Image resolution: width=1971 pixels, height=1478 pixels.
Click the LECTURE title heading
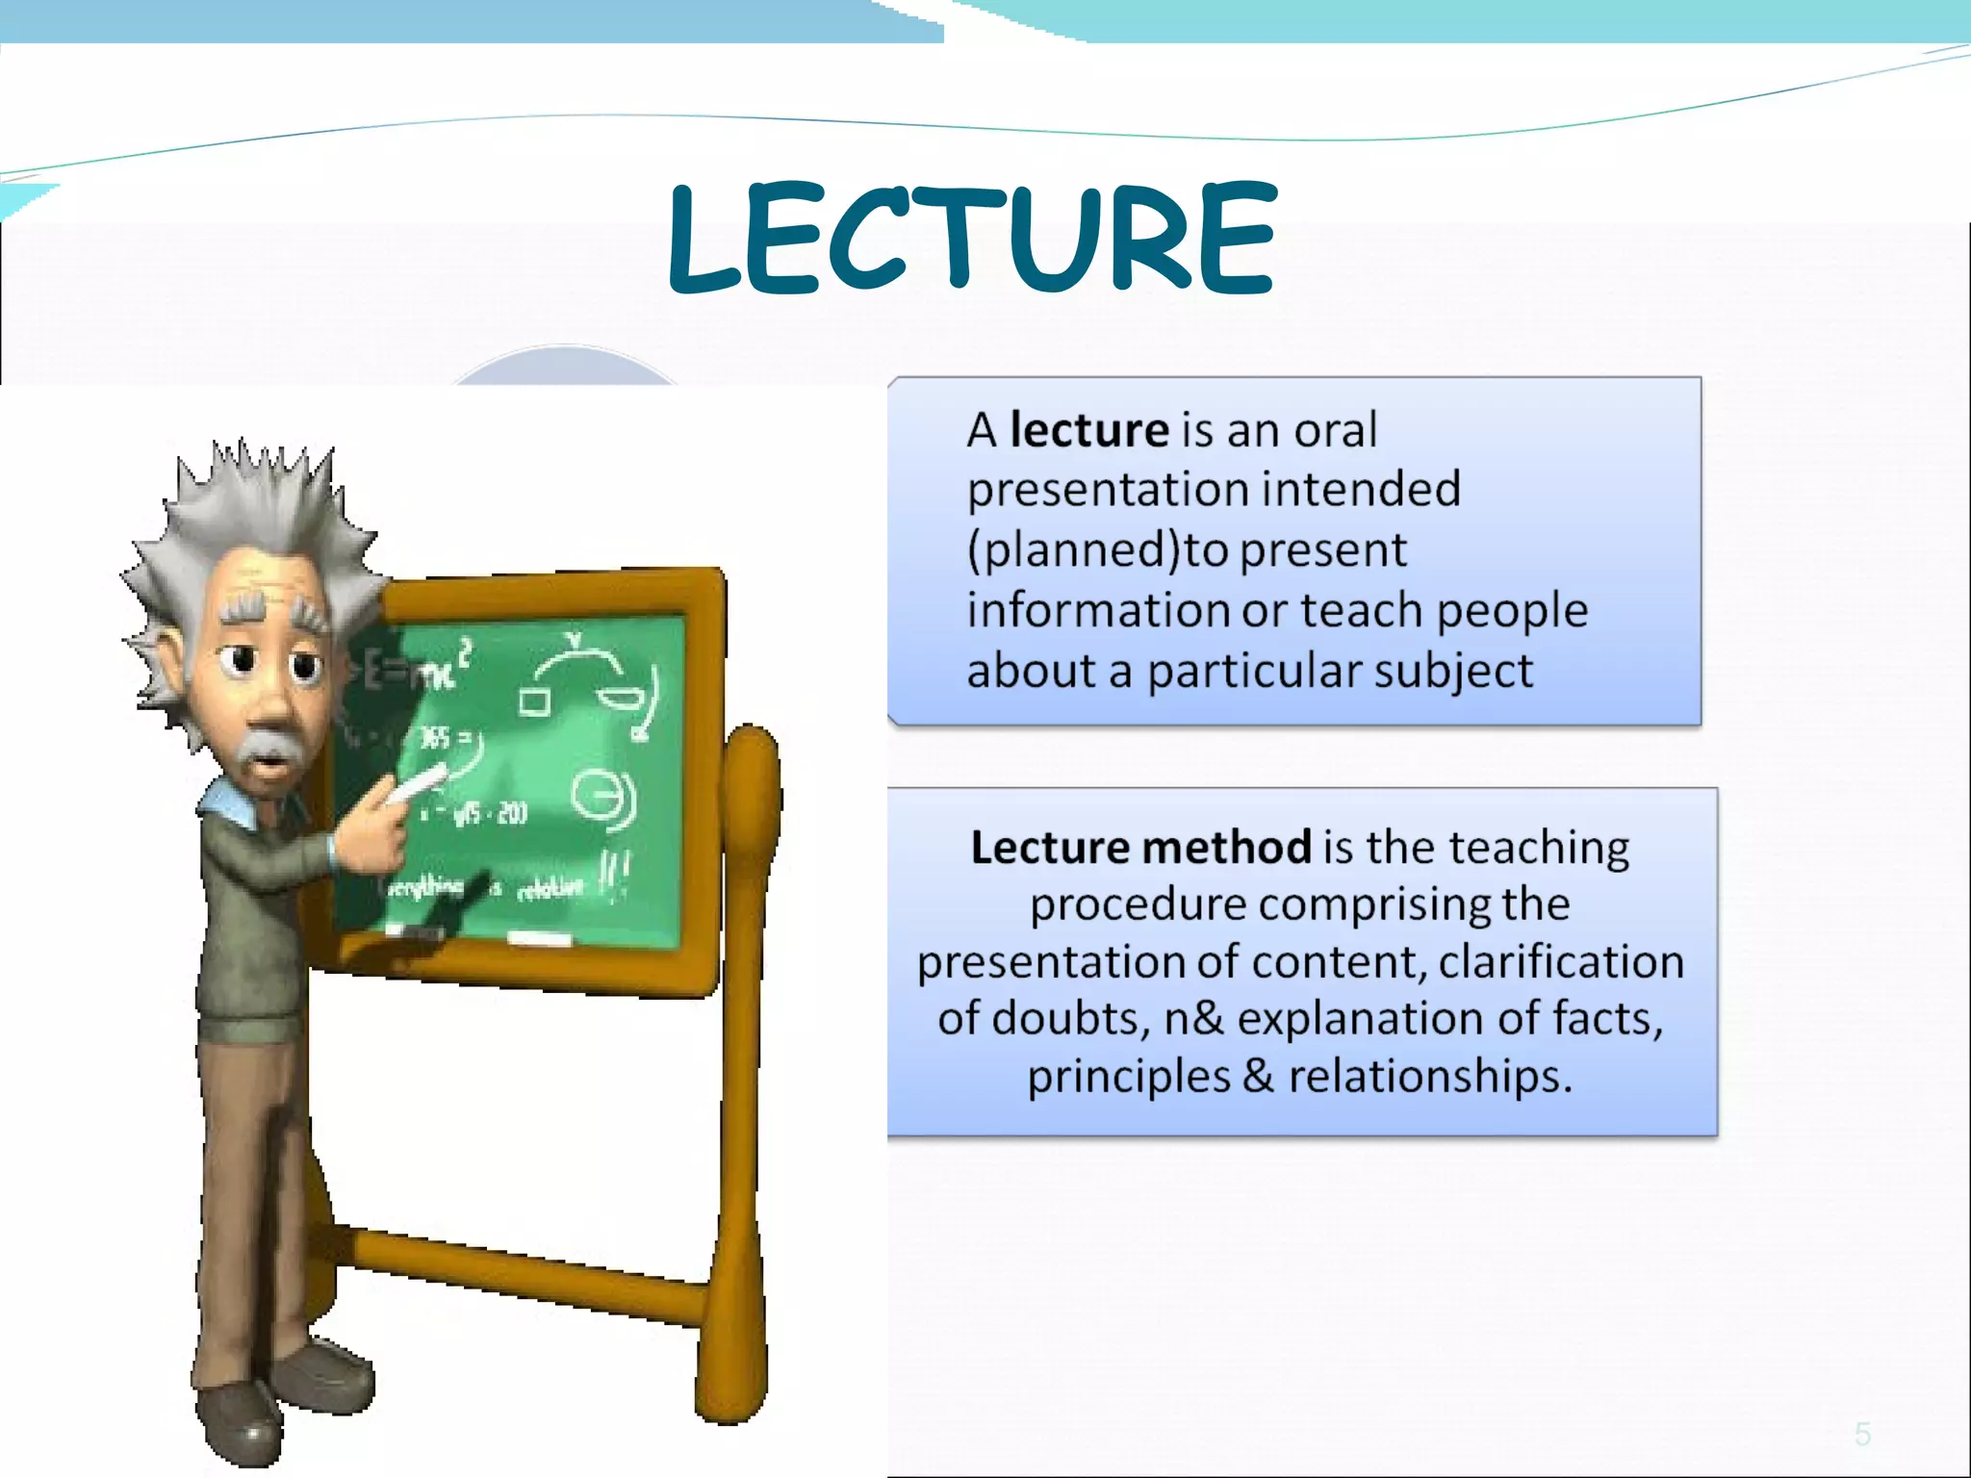coord(972,238)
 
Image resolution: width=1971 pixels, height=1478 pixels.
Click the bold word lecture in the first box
coord(1088,430)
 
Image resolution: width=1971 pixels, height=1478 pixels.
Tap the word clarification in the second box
coord(1561,962)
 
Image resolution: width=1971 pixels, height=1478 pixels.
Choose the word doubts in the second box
coord(1070,1019)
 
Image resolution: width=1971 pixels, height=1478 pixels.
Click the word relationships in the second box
coord(1430,1076)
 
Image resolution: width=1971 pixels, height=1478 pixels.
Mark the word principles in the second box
coord(1129,1077)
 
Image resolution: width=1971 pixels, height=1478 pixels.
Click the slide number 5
coord(1863,1435)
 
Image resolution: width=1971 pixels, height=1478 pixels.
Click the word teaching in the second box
coord(1539,849)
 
